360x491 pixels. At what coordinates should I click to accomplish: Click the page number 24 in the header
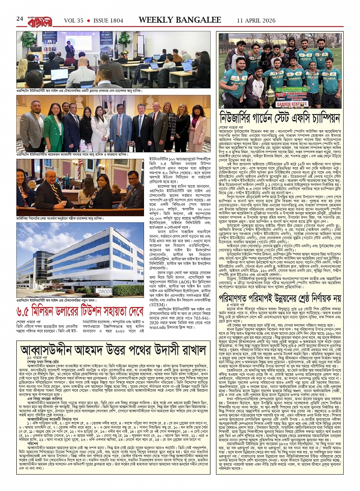tap(20, 19)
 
